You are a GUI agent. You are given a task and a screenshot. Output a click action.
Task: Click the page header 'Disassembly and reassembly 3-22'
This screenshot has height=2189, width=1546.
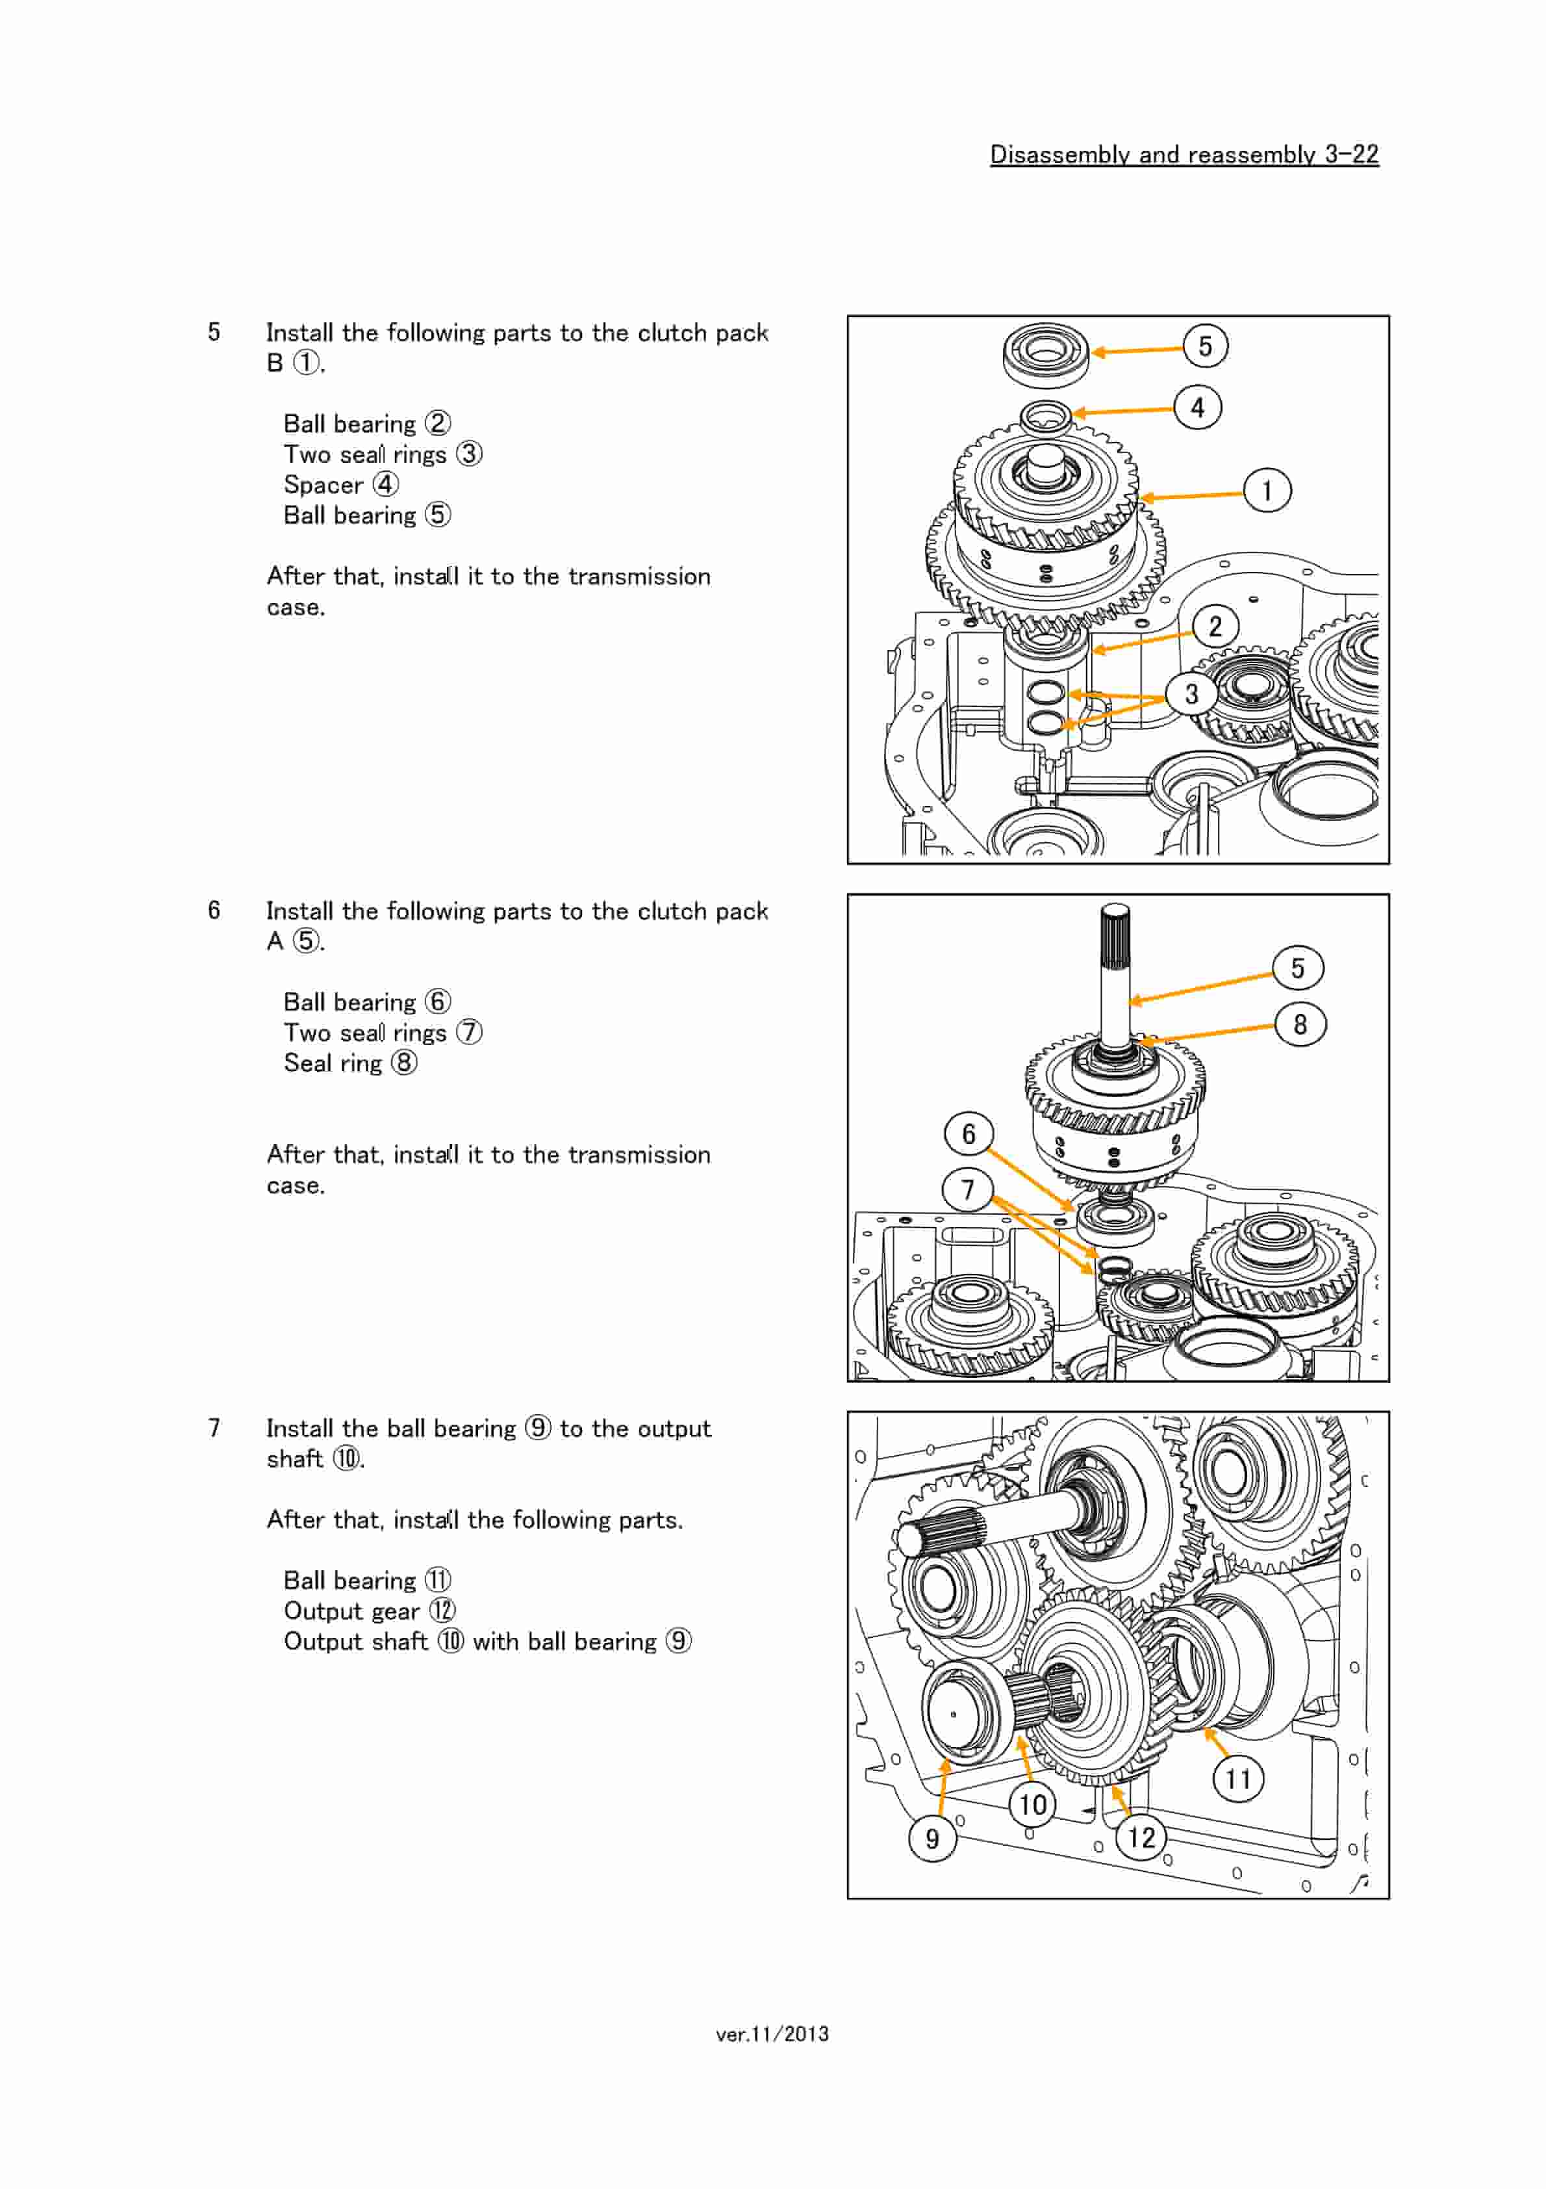pyautogui.click(x=1183, y=155)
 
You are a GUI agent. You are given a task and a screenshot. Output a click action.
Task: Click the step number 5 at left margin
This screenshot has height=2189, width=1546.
pyautogui.click(x=214, y=331)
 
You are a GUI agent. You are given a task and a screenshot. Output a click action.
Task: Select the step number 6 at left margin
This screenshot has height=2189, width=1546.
pyautogui.click(x=214, y=909)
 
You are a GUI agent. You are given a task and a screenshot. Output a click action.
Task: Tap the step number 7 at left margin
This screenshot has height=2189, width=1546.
pyautogui.click(x=214, y=1427)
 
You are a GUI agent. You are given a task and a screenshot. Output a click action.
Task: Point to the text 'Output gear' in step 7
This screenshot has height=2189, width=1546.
pyautogui.click(x=351, y=1611)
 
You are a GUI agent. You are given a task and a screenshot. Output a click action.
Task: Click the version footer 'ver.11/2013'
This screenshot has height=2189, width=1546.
pyautogui.click(x=772, y=2034)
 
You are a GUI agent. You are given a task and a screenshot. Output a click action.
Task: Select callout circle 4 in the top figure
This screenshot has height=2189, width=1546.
pyautogui.click(x=1197, y=407)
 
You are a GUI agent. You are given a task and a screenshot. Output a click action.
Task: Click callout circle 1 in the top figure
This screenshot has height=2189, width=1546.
pyautogui.click(x=1267, y=491)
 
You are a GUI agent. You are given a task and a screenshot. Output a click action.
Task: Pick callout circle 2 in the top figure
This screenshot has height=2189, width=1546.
pyautogui.click(x=1214, y=627)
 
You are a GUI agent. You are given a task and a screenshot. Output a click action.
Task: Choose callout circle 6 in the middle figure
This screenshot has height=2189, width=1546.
pyautogui.click(x=969, y=1133)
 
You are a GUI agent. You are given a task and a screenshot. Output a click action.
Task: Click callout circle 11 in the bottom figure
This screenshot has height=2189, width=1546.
pyautogui.click(x=1237, y=1779)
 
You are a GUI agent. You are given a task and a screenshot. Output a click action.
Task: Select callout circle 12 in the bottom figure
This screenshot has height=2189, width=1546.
pyautogui.click(x=1141, y=1837)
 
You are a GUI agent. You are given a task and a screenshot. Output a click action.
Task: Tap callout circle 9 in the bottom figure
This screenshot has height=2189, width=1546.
pyautogui.click(x=932, y=1838)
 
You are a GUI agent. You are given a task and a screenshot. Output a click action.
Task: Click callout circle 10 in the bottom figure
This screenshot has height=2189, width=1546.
pyautogui.click(x=1032, y=1804)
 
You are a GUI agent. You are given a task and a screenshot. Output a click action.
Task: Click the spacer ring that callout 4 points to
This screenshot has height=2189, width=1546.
pyautogui.click(x=1046, y=416)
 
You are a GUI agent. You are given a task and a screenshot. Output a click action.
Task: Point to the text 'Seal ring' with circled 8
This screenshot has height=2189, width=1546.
pyautogui.click(x=332, y=1063)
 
